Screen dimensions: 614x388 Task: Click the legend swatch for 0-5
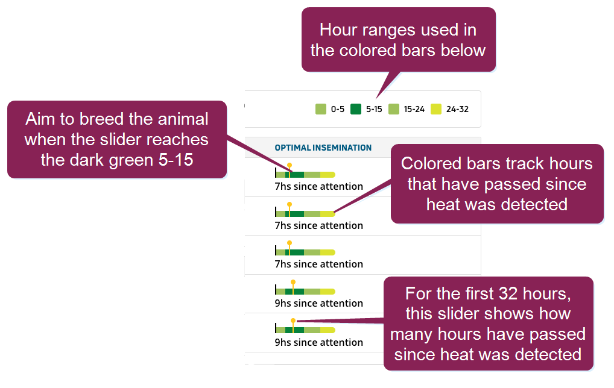click(x=321, y=109)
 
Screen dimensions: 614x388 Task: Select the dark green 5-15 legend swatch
click(x=356, y=109)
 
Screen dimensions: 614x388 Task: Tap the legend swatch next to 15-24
click(x=393, y=109)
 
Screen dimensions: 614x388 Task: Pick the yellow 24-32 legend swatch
click(x=436, y=109)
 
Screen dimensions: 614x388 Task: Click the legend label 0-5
click(x=338, y=110)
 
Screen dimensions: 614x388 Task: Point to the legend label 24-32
click(x=457, y=110)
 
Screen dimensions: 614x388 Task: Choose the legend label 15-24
click(x=414, y=110)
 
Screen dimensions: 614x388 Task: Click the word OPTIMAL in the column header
click(x=293, y=148)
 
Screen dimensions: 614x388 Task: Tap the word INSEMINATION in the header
click(x=342, y=148)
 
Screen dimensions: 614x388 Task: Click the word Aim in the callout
click(x=40, y=119)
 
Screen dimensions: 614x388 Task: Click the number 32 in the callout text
click(x=508, y=294)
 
